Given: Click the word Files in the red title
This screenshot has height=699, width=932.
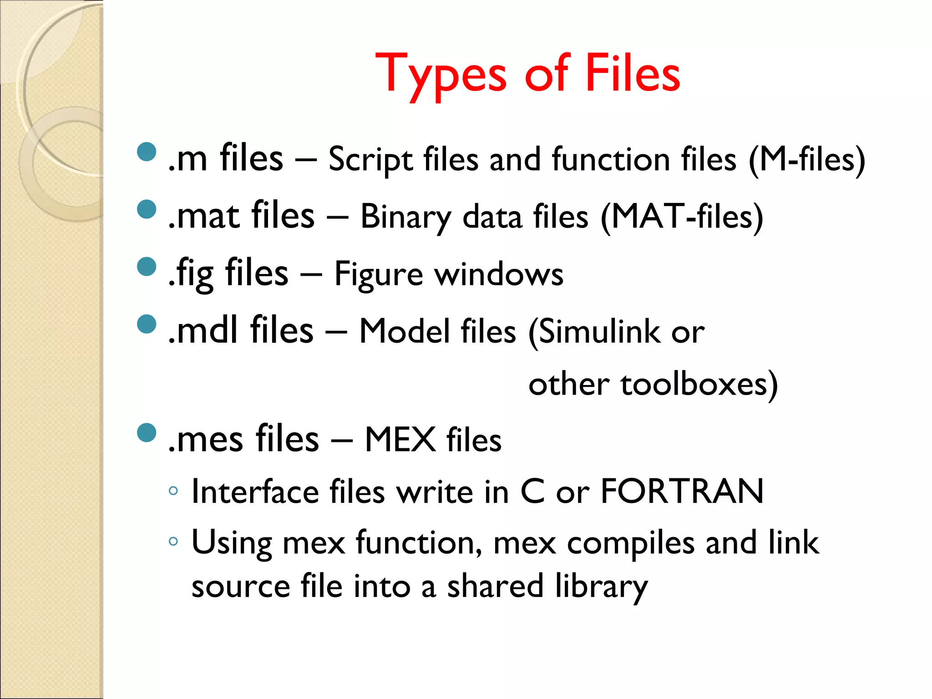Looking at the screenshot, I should (633, 73).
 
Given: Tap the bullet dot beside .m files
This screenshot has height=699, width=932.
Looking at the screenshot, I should (147, 152).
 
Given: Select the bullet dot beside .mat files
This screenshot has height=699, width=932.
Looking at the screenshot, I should (147, 209).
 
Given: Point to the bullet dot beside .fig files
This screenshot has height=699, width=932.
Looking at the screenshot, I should (147, 267).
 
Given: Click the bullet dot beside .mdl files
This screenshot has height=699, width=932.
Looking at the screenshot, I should (147, 324).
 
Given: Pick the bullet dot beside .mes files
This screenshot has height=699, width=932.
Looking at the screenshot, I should (147, 433).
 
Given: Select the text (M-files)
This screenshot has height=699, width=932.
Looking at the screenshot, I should (806, 160).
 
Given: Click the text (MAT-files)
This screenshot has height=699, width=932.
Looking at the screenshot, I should (681, 218).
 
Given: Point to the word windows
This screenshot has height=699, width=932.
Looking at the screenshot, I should (499, 274).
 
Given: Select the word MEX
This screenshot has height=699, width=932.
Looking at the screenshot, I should (400, 440).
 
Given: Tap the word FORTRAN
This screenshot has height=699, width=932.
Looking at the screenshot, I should (682, 492).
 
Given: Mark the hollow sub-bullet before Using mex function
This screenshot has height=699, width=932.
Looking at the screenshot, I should (173, 542).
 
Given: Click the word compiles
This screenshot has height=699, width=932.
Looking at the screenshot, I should (631, 543).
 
